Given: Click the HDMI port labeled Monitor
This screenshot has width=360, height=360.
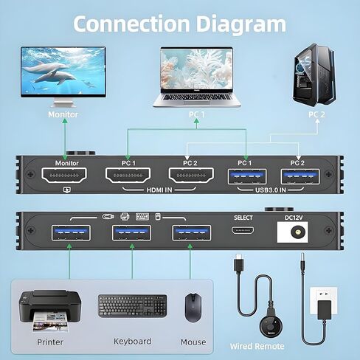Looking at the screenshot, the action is [64, 176].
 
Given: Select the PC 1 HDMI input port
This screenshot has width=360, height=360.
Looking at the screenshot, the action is [128, 176].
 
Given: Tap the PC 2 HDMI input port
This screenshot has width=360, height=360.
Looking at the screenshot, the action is [191, 176].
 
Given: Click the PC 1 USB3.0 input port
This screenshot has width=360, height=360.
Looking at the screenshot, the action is [247, 176].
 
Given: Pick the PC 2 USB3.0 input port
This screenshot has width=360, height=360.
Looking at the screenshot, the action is [300, 176].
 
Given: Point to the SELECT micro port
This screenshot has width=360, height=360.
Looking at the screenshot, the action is [243, 230].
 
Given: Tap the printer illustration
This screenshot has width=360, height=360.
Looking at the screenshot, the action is [50, 311].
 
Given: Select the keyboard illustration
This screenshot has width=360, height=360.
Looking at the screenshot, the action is [132, 306].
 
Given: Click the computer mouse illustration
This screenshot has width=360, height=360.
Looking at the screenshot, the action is [193, 308].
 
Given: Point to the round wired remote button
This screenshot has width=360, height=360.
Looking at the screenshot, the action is [271, 325].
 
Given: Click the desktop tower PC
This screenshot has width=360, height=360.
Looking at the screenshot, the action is [314, 75].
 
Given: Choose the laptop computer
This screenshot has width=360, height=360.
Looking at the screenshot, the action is [197, 77].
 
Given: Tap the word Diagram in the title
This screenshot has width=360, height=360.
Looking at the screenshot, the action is [240, 24].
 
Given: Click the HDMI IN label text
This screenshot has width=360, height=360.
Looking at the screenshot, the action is [159, 190].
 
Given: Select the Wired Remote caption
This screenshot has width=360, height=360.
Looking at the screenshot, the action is [257, 346].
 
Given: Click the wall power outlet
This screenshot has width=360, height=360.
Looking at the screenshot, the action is [323, 300].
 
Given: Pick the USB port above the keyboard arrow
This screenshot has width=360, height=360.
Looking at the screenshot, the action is [131, 232].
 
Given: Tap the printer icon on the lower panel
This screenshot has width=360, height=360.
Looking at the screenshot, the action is [125, 217].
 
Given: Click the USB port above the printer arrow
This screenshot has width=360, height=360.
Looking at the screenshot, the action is [71, 232].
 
